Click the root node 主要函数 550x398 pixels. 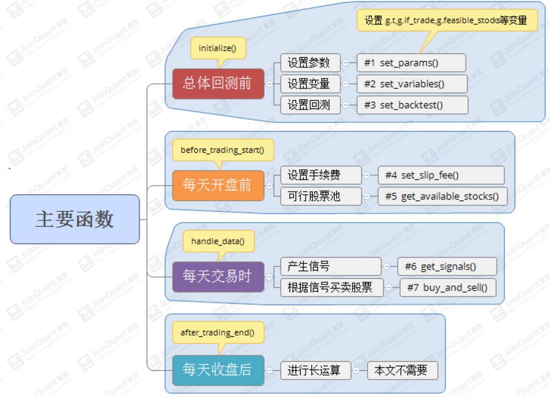point(75,219)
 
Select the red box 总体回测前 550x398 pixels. point(218,84)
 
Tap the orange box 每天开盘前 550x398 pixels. point(218,185)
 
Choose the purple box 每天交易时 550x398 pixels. point(218,276)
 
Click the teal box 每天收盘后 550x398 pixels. point(218,370)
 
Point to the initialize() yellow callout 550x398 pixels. point(218,48)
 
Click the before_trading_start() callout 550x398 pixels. point(223,150)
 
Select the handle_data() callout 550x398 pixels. point(218,242)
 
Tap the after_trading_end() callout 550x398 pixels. point(218,333)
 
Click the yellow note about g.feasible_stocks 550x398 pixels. point(447,20)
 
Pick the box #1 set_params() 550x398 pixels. point(411,63)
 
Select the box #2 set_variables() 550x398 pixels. point(412,84)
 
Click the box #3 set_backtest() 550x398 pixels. point(412,105)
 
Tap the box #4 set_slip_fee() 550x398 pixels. point(441,175)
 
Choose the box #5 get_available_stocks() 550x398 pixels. point(442,196)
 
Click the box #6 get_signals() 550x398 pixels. point(447,266)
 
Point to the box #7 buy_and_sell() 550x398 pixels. point(447,287)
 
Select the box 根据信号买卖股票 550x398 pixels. point(332,287)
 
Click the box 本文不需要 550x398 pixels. point(402,370)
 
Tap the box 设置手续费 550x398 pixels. point(321,175)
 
